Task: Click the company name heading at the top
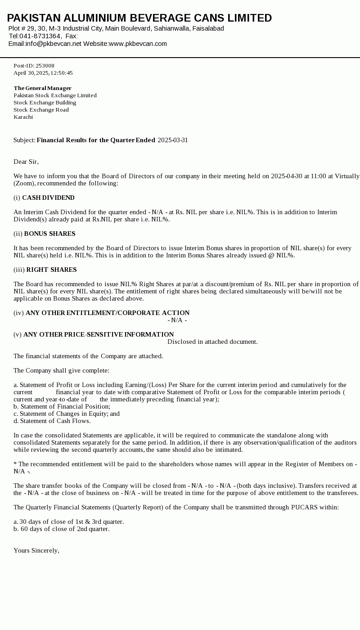point(139,18)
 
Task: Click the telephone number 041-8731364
point(40,36)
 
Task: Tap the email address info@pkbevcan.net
point(54,44)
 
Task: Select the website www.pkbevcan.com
point(138,44)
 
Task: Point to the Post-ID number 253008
point(45,66)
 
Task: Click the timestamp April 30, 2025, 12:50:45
point(43,73)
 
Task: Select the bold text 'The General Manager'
point(43,88)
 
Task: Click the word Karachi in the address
point(23,117)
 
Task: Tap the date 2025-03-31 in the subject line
point(173,140)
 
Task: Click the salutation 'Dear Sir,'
point(26,162)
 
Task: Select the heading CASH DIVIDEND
point(48,198)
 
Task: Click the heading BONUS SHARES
point(49,234)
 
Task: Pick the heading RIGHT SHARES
point(51,270)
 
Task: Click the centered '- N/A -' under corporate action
point(177,320)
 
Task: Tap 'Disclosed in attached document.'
point(212,342)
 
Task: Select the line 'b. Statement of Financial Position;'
point(62,406)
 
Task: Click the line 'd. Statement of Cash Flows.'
point(52,421)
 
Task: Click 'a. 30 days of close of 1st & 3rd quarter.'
point(68,522)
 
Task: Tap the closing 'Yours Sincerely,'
point(36,550)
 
